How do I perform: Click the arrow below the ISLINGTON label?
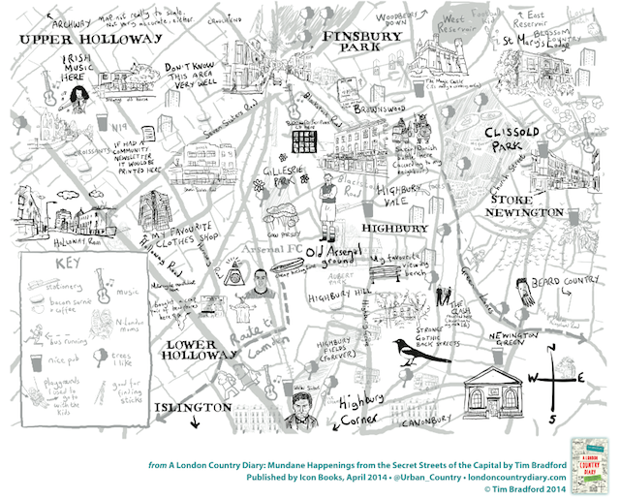(196, 421)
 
